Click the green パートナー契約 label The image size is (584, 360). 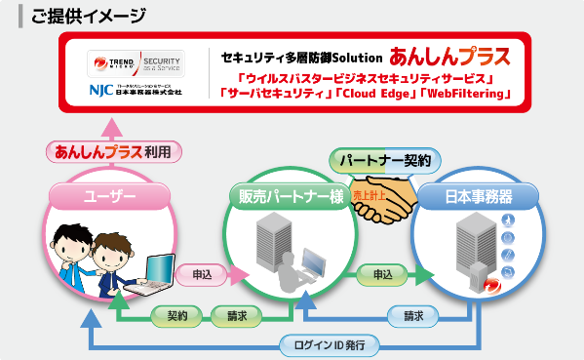pos(385,158)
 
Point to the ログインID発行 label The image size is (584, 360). pos(323,344)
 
